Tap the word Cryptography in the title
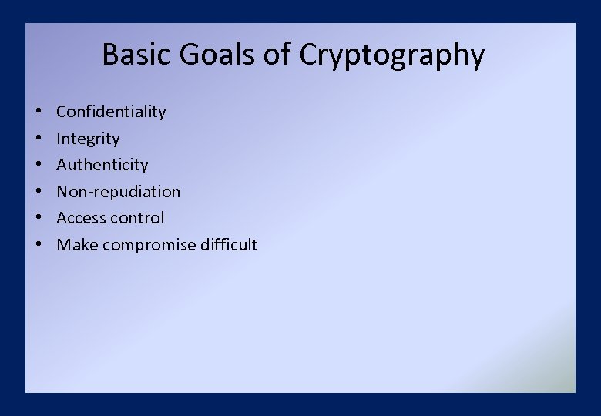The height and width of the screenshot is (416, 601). click(391, 56)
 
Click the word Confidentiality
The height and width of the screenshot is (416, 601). click(111, 112)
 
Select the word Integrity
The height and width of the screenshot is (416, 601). click(88, 139)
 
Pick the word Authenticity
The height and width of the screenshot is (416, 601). click(102, 165)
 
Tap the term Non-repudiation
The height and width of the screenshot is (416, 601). click(119, 192)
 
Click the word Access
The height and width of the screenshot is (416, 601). click(81, 218)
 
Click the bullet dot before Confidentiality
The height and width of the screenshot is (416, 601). click(37, 112)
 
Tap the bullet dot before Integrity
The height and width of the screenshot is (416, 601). click(37, 139)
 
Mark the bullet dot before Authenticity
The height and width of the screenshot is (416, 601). click(37, 166)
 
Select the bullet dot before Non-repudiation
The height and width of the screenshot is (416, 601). click(37, 193)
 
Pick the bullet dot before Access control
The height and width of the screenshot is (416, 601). click(37, 219)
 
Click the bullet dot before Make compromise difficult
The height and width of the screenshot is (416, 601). click(37, 246)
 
